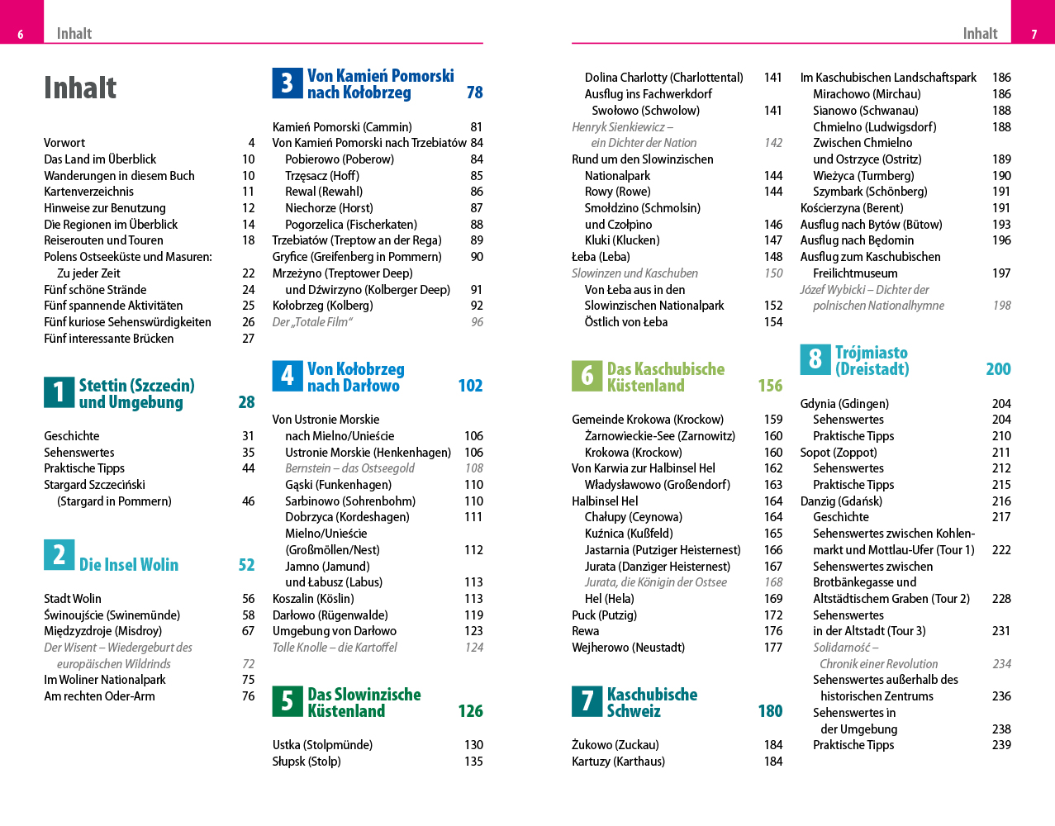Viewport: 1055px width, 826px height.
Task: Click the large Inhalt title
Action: point(80,88)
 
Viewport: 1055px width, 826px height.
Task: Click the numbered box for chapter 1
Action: point(59,392)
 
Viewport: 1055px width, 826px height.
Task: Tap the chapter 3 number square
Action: point(288,83)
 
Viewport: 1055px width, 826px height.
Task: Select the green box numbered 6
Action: point(587,376)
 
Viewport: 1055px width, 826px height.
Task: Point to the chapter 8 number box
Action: point(815,359)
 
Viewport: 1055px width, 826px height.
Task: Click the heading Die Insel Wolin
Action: point(129,565)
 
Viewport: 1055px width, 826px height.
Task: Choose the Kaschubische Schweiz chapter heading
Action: point(652,702)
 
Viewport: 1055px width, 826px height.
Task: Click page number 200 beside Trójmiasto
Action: point(998,369)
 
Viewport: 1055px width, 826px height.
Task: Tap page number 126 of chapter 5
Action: point(470,711)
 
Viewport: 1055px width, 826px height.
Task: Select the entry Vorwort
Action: point(64,143)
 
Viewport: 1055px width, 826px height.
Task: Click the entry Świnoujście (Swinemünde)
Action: point(112,615)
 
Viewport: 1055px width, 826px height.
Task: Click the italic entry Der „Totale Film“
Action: point(312,322)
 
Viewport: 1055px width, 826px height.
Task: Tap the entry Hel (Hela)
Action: point(609,599)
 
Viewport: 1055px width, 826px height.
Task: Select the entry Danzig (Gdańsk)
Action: point(841,501)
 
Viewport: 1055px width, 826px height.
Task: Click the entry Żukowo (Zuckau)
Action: point(615,745)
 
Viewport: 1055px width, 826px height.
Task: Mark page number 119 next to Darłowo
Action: point(473,615)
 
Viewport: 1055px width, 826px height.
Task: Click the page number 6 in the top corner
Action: point(21,35)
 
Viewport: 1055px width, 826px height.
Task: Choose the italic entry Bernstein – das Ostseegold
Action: point(349,468)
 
